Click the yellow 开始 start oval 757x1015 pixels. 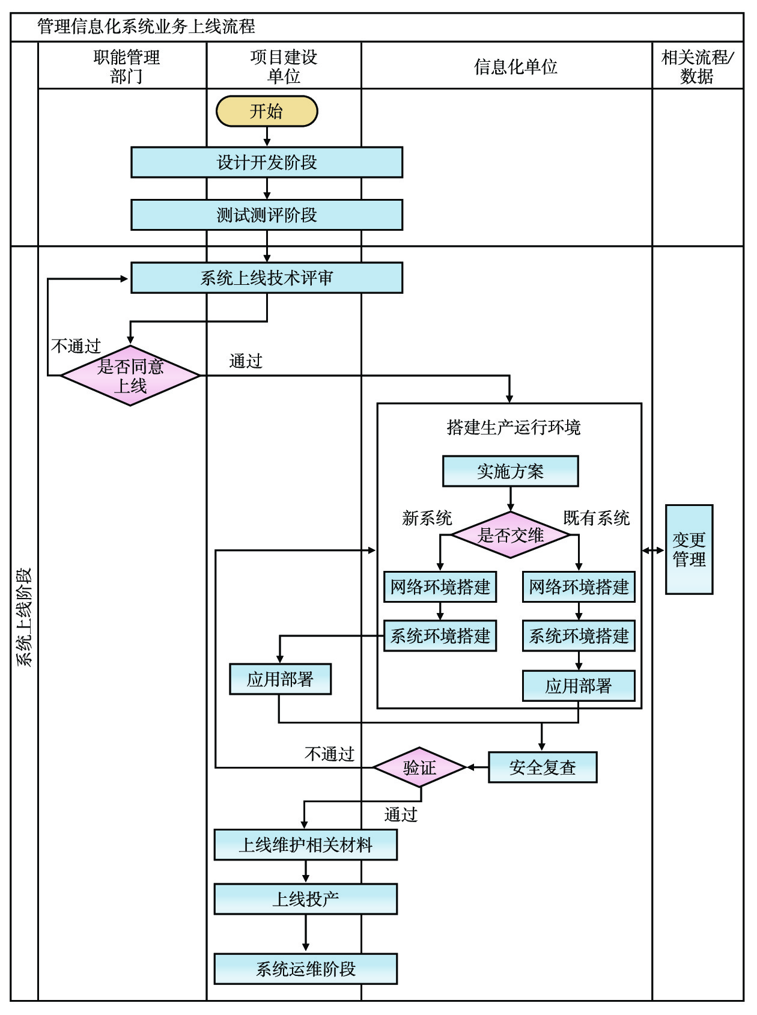click(x=267, y=111)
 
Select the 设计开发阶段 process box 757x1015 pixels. click(x=267, y=162)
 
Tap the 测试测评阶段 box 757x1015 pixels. click(x=267, y=215)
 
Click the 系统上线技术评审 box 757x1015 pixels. click(x=267, y=278)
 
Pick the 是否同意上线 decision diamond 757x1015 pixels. click(x=130, y=376)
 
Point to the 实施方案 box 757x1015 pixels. click(x=510, y=471)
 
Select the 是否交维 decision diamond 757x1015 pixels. click(x=510, y=535)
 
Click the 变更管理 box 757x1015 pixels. click(x=689, y=549)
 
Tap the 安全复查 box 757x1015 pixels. click(x=543, y=767)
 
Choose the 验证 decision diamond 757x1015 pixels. click(x=419, y=767)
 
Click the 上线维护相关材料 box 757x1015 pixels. click(x=305, y=845)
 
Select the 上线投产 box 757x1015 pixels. click(x=305, y=899)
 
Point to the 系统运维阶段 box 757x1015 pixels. click(x=305, y=969)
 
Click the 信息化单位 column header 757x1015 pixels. click(x=515, y=67)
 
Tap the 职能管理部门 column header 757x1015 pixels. click(x=126, y=67)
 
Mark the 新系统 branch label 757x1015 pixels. click(x=427, y=518)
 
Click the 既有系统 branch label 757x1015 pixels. click(x=596, y=518)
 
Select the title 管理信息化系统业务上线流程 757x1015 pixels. click(x=146, y=26)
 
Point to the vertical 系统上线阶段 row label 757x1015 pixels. click(x=24, y=617)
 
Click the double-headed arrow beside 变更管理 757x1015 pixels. click(x=653, y=550)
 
